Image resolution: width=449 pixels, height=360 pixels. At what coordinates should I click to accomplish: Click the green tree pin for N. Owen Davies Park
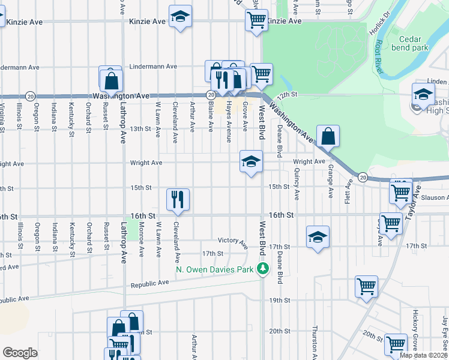point(262,269)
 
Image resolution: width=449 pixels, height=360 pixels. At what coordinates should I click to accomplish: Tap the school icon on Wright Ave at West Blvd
point(251,161)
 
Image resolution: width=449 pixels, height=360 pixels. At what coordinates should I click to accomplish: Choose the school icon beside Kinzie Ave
point(179,18)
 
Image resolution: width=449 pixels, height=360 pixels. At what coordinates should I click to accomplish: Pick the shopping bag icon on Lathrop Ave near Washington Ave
point(112,80)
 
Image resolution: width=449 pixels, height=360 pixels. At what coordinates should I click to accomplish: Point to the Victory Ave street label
point(233,241)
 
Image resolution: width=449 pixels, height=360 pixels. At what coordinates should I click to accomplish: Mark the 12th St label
point(288,95)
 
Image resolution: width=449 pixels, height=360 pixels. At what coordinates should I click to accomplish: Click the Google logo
point(20,353)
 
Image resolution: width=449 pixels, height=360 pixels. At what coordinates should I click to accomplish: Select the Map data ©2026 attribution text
point(424,355)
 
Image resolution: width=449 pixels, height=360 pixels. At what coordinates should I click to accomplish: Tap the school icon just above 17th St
point(318,236)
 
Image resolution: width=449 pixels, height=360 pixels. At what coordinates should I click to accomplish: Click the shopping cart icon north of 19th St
point(366,287)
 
